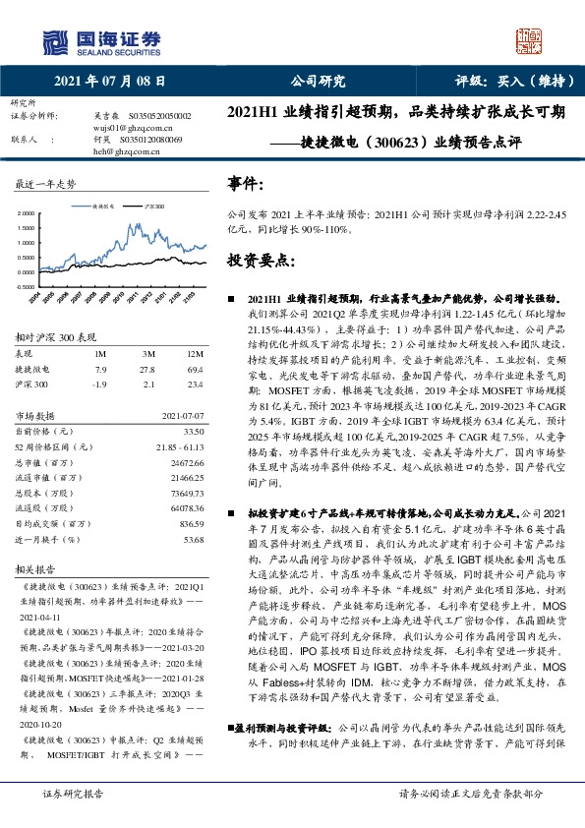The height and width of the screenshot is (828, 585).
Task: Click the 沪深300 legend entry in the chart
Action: coord(154,207)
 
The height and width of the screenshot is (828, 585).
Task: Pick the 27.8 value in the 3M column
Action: coord(148,370)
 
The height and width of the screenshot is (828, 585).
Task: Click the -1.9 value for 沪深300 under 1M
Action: coord(99,384)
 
